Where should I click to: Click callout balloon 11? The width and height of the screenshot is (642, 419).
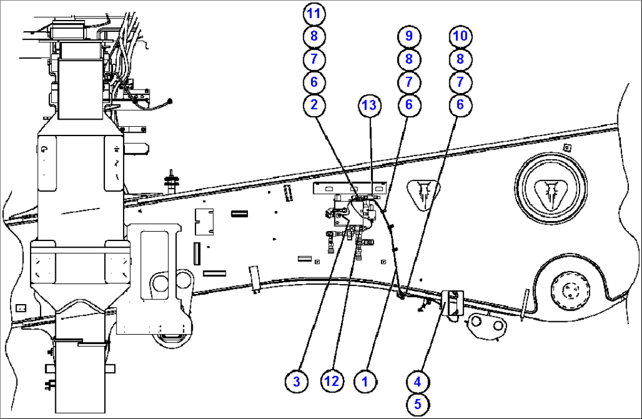314,12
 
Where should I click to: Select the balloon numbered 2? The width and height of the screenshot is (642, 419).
314,105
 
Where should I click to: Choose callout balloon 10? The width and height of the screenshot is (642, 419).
461,36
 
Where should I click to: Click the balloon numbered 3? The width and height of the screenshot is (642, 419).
296,381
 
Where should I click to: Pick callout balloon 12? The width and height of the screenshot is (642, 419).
332,381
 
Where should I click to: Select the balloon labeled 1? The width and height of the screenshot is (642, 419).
365,381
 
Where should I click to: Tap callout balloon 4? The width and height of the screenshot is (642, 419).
418,381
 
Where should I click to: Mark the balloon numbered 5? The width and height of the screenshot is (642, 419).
418,404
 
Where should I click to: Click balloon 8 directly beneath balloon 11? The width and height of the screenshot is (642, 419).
314,36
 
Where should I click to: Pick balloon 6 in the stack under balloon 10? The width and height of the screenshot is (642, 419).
461,105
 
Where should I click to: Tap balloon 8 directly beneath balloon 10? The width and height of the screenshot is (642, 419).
461,59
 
